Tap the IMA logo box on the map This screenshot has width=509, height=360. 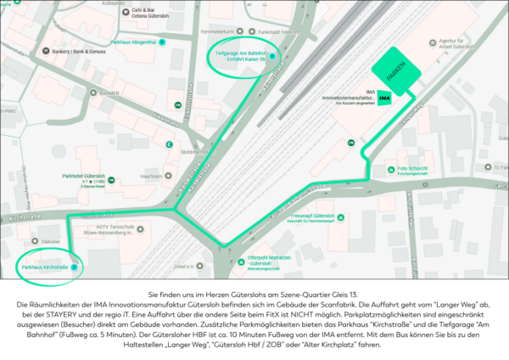pos(384,98)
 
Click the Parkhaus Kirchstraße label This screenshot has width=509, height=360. pos(45,267)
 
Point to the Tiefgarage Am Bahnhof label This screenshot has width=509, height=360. pos(238,56)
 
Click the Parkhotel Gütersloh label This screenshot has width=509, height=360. pos(82,175)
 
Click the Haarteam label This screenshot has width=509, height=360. pos(152,176)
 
